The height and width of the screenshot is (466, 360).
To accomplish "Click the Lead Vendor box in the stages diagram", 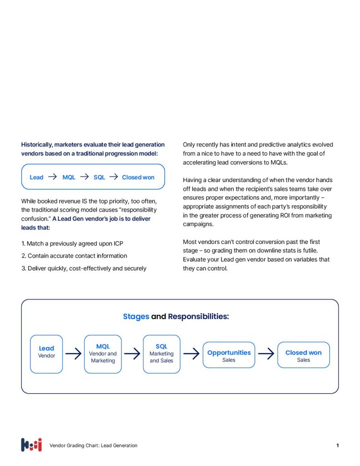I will coord(46,354).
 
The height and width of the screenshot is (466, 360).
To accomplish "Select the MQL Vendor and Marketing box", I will coord(103,354).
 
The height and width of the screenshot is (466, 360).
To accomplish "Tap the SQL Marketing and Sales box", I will coord(162,354).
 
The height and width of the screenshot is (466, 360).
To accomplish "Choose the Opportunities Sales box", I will coord(229,355).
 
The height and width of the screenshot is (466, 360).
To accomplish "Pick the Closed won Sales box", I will coord(304,355).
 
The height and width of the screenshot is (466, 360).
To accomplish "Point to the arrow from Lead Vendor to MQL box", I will coord(73,354).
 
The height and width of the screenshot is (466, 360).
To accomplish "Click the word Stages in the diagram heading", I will coord(136,316).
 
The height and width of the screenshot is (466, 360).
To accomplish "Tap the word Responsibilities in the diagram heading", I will coord(198,316).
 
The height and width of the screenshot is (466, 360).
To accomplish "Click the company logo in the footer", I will coord(31,445).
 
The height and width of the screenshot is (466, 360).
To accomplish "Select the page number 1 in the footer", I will coord(337,446).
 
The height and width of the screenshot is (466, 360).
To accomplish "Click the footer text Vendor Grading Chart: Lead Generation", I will coord(93,446).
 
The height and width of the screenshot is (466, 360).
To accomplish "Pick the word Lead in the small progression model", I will coord(36,177).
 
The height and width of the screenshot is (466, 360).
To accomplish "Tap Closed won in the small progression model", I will coord(138,177).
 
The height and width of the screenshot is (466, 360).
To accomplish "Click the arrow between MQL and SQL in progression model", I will coord(84,177).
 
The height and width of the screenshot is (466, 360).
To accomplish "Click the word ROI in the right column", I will coord(289,215).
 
